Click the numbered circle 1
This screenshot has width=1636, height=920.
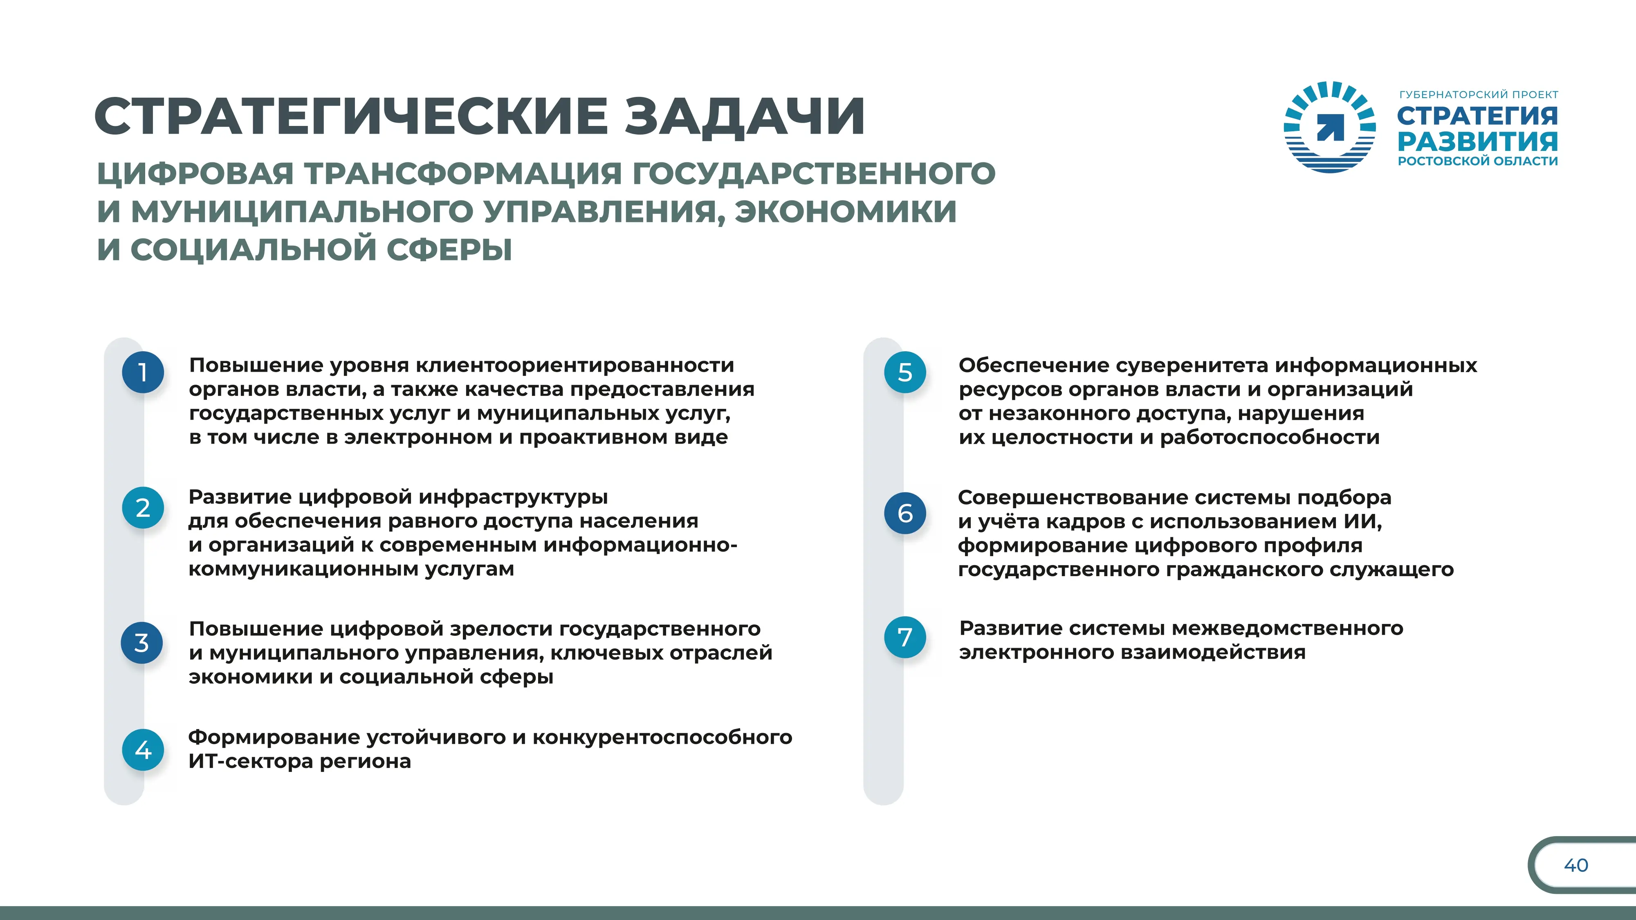click(x=143, y=372)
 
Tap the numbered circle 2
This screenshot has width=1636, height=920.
click(x=143, y=508)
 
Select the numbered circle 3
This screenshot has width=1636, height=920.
click(x=141, y=642)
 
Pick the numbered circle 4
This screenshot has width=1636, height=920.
click(x=143, y=750)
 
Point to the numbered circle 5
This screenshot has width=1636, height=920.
click(x=905, y=372)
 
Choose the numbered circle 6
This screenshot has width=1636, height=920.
click(x=905, y=513)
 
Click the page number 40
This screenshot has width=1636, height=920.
click(x=1575, y=865)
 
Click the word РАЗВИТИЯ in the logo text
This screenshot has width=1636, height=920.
click(x=1478, y=141)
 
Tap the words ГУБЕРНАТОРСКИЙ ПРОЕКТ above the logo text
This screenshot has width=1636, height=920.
click(x=1479, y=94)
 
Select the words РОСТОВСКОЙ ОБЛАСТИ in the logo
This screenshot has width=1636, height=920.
click(x=1478, y=161)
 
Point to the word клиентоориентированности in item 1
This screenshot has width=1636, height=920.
click(x=575, y=366)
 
